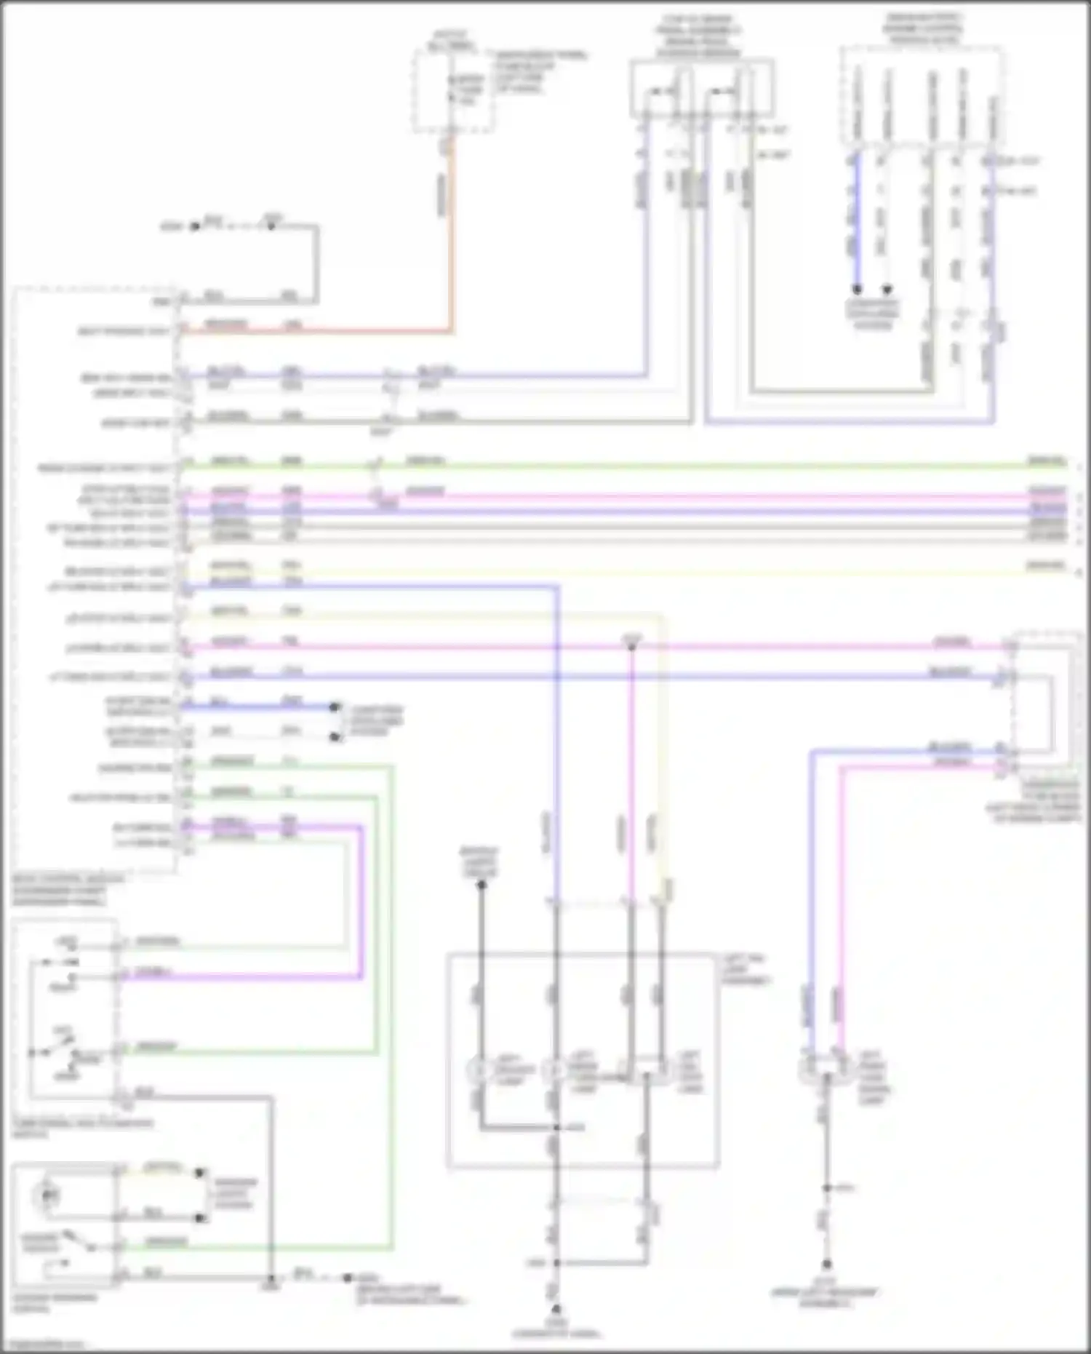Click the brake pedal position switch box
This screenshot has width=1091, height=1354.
(701, 89)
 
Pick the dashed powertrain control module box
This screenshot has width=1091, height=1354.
(922, 95)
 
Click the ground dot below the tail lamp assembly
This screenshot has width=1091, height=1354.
(556, 1308)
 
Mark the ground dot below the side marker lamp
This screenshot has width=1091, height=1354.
(826, 1265)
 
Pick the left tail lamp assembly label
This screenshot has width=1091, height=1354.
(746, 970)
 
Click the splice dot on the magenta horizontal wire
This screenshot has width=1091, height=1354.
(631, 646)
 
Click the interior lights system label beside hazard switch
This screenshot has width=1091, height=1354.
(234, 1193)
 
